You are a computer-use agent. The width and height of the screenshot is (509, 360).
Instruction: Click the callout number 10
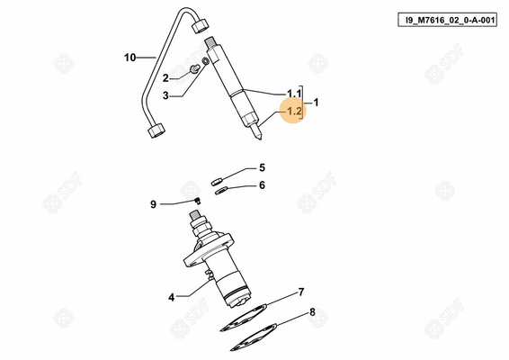tap(129, 58)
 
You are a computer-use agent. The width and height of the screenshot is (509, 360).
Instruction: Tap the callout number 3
tap(165, 95)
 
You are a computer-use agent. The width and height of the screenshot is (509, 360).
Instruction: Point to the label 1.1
tap(294, 94)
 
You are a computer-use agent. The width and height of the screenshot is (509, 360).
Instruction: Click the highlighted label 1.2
tap(294, 112)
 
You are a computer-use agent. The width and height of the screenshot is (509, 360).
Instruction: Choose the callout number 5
tap(263, 167)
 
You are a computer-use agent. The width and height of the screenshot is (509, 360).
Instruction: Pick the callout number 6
tap(263, 185)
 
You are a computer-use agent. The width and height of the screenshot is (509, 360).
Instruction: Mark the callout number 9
tap(153, 204)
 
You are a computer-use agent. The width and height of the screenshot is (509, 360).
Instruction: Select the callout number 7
tap(301, 292)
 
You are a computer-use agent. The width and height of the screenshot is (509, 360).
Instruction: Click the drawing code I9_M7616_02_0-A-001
tap(438, 19)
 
